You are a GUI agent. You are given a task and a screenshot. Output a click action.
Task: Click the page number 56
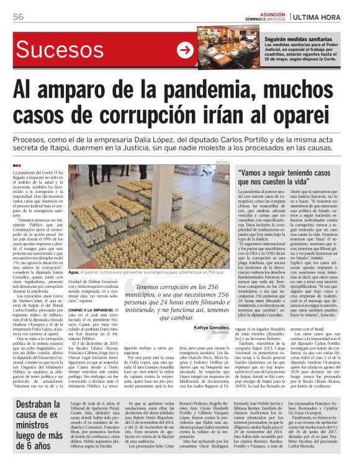click(18, 16)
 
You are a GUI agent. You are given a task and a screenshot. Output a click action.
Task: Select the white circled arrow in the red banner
click(184, 49)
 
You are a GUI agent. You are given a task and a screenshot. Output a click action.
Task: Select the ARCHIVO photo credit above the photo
click(223, 162)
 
